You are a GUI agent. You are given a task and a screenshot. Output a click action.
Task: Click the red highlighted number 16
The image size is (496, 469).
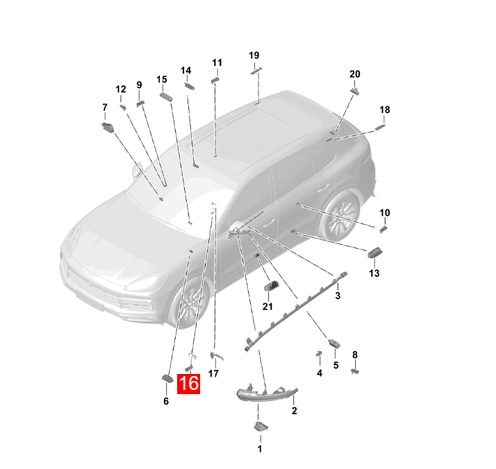click(x=188, y=384)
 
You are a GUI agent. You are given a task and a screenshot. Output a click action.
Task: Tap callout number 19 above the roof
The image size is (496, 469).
click(x=254, y=56)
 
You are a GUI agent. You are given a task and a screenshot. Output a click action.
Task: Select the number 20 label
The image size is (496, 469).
click(x=354, y=74)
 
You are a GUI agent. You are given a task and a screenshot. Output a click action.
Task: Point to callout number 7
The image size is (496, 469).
click(x=105, y=108)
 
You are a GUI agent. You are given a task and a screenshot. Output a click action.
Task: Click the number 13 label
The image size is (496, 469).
click(x=374, y=273)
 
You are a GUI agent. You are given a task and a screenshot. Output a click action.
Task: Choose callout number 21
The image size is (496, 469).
click(x=267, y=307)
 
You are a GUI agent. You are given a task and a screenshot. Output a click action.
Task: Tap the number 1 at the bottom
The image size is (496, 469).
click(x=260, y=449)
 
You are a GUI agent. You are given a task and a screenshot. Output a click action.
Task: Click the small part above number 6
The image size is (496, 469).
click(x=167, y=378)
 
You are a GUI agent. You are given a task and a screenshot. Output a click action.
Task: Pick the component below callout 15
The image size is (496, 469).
click(x=166, y=96)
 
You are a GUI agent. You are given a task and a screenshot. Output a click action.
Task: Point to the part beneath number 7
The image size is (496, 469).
click(x=108, y=127)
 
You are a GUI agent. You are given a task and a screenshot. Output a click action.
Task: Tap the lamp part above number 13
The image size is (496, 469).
click(x=374, y=253)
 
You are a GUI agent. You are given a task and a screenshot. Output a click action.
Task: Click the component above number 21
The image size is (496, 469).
click(x=272, y=286)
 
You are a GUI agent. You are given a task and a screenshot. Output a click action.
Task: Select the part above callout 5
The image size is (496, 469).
click(x=334, y=343)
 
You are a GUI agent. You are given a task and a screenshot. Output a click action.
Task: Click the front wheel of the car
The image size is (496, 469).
click(x=190, y=302)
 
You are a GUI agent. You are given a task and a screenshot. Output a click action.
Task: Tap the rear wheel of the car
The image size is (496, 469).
click(x=340, y=215)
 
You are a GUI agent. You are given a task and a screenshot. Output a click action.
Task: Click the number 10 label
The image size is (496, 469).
click(x=385, y=213)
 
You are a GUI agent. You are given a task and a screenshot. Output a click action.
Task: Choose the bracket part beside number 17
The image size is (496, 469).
click(x=217, y=357)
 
